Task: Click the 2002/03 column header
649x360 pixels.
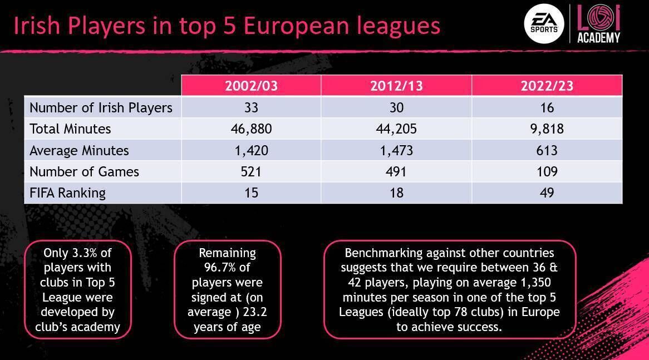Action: coord(251,86)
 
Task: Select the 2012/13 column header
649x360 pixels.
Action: coord(396,86)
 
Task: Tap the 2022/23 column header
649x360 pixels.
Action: coord(547,86)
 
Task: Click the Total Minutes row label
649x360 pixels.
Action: coord(70,129)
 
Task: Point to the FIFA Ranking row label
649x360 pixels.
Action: coord(67,193)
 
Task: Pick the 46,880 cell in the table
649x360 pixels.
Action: coord(251,129)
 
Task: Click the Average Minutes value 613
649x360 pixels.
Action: coord(547,151)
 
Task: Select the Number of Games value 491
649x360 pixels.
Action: coord(396,172)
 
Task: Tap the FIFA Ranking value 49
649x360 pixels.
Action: coord(547,193)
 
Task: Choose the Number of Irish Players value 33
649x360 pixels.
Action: coord(251,107)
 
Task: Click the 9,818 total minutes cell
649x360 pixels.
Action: coord(547,129)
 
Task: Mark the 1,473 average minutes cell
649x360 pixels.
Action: coord(396,151)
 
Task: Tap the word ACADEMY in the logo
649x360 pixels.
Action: coord(598,38)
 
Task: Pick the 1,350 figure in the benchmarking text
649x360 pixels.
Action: coord(531,283)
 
